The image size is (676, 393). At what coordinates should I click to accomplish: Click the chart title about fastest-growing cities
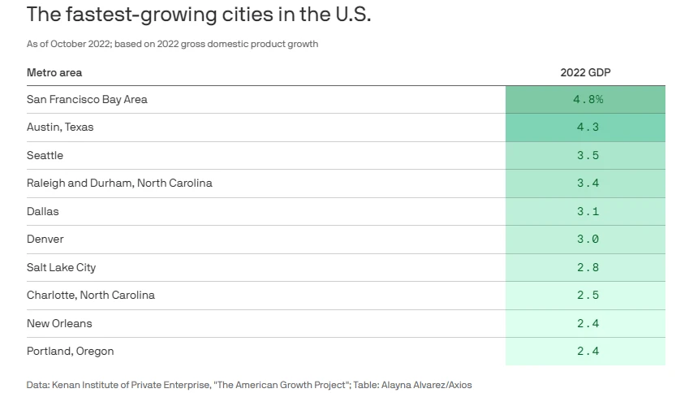coord(199,15)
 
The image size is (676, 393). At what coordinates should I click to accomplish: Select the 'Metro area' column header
coord(54,73)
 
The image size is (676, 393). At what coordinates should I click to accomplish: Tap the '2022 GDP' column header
coord(585,73)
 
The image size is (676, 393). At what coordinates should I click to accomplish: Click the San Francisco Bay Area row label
coord(87,100)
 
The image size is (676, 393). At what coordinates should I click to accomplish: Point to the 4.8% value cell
coord(588,100)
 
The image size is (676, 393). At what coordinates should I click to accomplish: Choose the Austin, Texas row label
coord(61,127)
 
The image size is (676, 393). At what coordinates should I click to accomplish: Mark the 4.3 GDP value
coord(588,127)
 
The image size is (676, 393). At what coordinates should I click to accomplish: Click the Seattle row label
coord(45,155)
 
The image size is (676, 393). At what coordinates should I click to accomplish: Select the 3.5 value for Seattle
coord(588,155)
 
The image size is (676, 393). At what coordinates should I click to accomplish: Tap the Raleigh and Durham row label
coord(119,184)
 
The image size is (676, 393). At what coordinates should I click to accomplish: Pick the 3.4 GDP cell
coord(588,184)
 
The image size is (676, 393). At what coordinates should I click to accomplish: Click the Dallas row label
coord(43,211)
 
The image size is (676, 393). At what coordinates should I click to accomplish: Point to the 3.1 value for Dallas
coord(588,211)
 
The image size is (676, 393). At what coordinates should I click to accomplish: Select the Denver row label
coord(45,240)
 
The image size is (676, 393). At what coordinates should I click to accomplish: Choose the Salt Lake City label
coord(62,267)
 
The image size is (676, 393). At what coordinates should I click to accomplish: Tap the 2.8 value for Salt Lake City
coord(588,267)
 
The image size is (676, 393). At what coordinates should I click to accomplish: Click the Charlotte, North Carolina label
coord(91,296)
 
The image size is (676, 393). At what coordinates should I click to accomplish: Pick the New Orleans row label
coord(59,323)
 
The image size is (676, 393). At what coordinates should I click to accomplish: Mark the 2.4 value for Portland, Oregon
coord(588,352)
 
